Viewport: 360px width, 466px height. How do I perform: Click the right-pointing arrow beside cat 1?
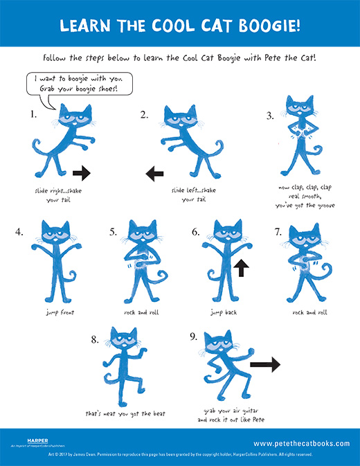pos(81,171)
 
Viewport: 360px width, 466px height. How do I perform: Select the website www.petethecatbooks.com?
pos(301,443)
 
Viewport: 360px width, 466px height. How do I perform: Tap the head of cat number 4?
pos(51,233)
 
